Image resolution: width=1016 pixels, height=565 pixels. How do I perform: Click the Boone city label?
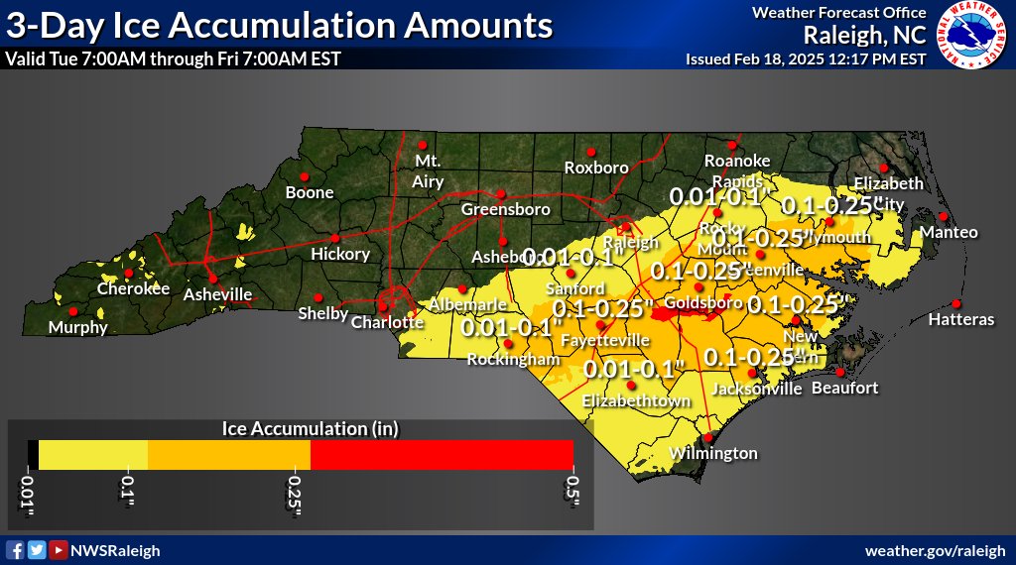tap(310, 193)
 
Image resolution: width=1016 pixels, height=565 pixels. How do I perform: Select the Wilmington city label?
tap(713, 453)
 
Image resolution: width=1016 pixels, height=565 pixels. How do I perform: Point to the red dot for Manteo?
tap(944, 216)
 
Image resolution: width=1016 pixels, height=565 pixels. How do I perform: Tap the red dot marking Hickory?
tap(335, 238)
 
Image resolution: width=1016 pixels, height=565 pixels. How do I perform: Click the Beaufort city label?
tap(844, 388)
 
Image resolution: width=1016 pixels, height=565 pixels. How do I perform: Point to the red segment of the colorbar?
tap(442, 454)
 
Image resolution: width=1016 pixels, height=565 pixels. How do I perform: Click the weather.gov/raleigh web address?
tap(936, 550)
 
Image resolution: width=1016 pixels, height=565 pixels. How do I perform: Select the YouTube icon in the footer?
tap(59, 550)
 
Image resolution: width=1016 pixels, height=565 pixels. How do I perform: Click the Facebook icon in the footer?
tap(15, 550)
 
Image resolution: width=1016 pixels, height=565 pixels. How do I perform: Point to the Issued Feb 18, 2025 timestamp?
tap(806, 59)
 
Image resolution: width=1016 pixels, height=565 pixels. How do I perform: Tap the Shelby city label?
tap(323, 314)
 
